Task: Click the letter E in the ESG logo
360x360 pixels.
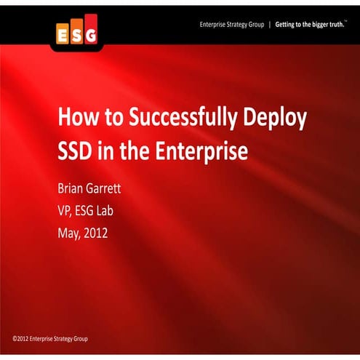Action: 63,34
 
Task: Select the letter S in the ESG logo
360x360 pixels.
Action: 76,34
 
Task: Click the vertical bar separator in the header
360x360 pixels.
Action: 269,24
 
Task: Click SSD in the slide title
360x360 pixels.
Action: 76,152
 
